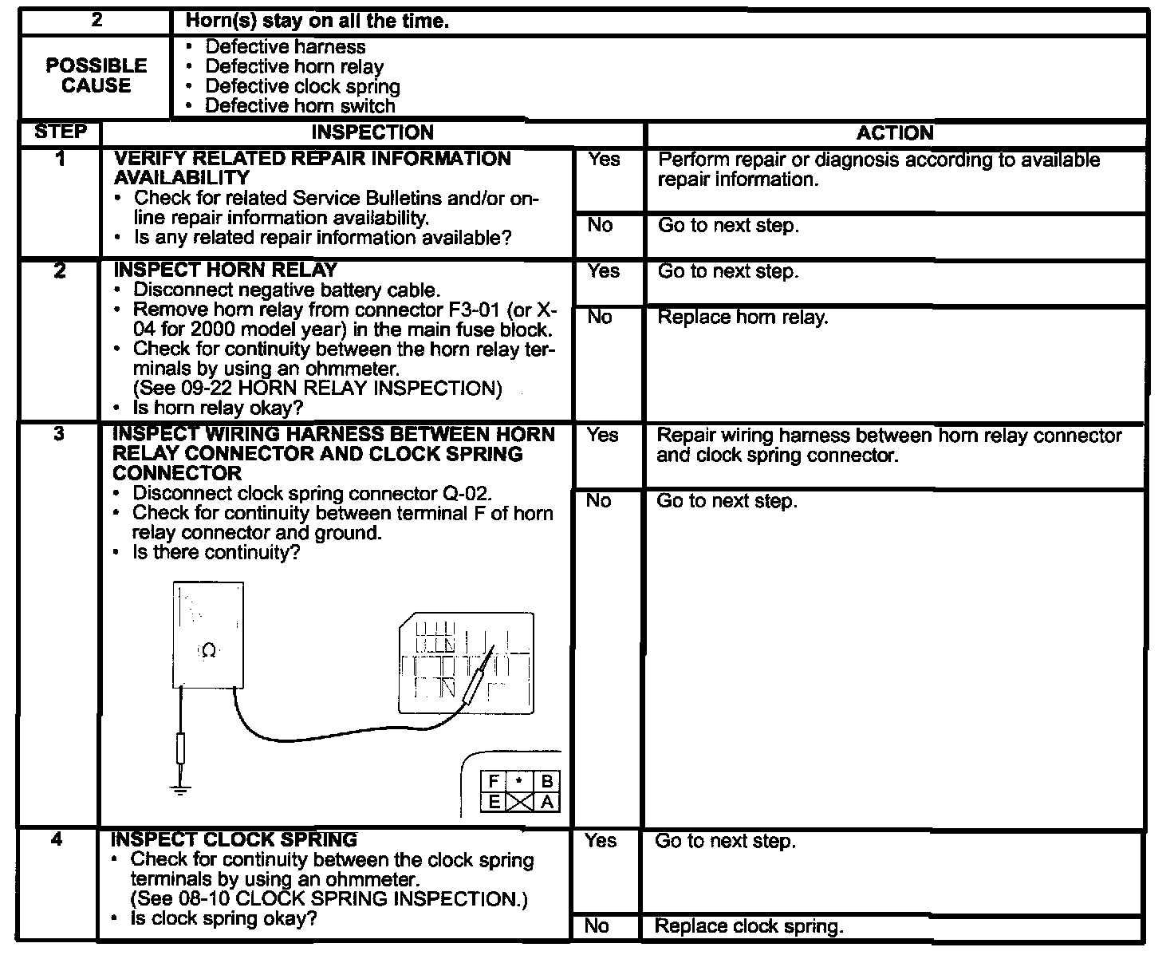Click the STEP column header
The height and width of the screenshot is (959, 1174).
[x=61, y=132]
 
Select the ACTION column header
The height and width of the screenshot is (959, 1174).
[x=895, y=132]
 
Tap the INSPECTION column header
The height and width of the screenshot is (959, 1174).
[x=372, y=132]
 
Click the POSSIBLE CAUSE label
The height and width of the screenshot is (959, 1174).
[x=97, y=76]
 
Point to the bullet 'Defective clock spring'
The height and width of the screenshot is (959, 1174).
[x=302, y=86]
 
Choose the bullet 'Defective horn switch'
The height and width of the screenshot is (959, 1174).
[x=300, y=106]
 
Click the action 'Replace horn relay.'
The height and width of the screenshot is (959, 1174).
[x=743, y=318]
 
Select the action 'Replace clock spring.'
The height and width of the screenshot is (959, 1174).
[x=748, y=926]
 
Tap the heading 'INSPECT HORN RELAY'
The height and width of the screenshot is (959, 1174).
[x=226, y=270]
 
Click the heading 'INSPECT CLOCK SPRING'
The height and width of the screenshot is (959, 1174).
[x=234, y=839]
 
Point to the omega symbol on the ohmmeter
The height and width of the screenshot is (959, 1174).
[x=208, y=651]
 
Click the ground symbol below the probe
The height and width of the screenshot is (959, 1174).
[x=181, y=790]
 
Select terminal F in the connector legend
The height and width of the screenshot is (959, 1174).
[x=494, y=782]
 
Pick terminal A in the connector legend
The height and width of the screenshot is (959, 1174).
[x=547, y=803]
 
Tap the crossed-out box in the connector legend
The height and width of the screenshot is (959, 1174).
[x=521, y=803]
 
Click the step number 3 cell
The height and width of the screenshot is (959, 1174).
[x=59, y=435]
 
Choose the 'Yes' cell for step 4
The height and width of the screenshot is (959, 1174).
[x=601, y=841]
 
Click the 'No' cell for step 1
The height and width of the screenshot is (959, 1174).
[x=600, y=226]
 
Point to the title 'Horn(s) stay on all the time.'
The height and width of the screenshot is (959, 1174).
[x=317, y=22]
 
